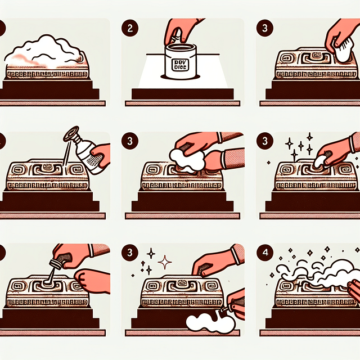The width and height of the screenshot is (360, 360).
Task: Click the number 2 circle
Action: coord(131,28)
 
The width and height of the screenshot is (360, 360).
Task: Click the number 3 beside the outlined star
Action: coord(131,253)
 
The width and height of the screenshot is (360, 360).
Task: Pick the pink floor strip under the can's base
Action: coord(180,103)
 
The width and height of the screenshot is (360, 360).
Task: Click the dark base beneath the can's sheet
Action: coord(180,93)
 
